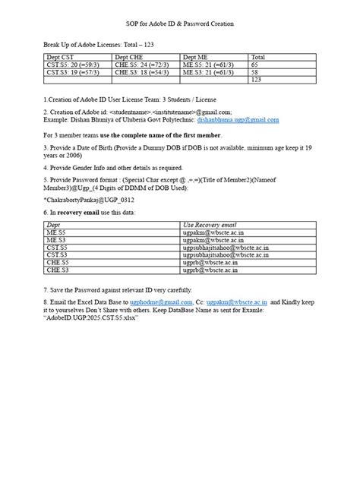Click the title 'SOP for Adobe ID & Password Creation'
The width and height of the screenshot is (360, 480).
click(179, 24)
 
